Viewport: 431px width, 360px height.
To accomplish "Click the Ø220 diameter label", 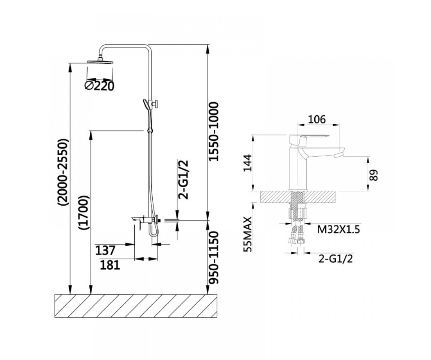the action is click(99, 86).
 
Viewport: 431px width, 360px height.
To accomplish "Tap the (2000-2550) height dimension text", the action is click(63, 172).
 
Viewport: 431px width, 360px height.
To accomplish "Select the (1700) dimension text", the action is click(84, 212).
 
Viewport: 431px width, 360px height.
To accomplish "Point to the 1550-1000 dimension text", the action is click(213, 131).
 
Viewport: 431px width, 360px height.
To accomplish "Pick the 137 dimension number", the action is click(105, 250).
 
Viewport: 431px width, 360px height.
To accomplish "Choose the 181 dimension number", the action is click(110, 265).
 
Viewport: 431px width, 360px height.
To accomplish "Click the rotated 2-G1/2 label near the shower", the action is click(183, 179).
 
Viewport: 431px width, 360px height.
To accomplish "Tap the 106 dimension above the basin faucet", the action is click(317, 120).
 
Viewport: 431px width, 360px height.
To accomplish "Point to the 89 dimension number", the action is click(374, 175).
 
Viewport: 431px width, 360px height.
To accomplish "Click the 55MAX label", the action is click(247, 234).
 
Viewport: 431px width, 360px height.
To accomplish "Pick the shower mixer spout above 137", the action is click(137, 219).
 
